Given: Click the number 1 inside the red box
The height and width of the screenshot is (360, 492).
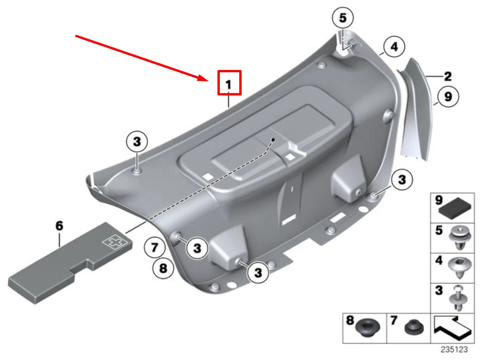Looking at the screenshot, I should (229, 84).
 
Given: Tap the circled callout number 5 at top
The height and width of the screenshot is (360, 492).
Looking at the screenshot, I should (343, 19).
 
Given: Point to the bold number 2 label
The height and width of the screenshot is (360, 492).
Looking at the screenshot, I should (447, 76).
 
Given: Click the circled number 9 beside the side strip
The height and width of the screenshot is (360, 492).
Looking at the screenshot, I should (448, 96).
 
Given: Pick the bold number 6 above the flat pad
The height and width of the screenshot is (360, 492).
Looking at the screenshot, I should (59, 226).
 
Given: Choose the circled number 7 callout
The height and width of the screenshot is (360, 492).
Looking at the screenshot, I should (154, 248).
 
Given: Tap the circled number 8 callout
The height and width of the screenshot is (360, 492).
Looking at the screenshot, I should (162, 267).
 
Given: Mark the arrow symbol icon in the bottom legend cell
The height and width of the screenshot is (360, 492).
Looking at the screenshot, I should (452, 328).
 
